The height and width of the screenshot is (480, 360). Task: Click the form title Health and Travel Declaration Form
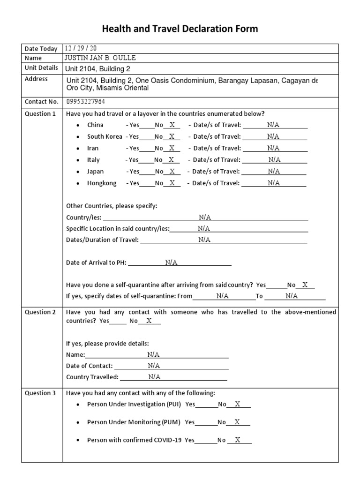tap(180, 29)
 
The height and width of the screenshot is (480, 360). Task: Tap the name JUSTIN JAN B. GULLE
tap(101, 58)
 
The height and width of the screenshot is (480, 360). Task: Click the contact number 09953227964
tap(86, 102)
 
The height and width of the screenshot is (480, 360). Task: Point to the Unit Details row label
tap(41, 68)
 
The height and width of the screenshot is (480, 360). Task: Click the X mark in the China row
tap(172, 125)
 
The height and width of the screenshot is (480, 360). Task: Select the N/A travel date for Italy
tap(274, 160)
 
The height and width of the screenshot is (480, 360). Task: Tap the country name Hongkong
tap(102, 183)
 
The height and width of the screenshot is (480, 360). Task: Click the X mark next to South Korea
tap(172, 137)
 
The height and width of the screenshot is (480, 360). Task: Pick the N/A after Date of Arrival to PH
tap(171, 262)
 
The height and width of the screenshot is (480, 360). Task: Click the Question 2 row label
tap(40, 312)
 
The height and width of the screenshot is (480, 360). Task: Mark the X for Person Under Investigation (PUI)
tap(238, 404)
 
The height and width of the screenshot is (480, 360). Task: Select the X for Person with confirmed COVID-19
tap(238, 440)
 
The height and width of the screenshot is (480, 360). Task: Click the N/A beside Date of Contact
tap(154, 366)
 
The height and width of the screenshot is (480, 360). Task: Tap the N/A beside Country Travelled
tap(154, 377)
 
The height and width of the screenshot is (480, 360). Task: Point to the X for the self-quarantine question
tap(305, 285)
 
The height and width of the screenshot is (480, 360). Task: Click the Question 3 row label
tap(40, 393)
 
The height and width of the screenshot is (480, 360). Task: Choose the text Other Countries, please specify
tap(112, 206)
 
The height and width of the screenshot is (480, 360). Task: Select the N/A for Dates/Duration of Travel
tap(204, 240)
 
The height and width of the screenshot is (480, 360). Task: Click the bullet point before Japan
tap(78, 172)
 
